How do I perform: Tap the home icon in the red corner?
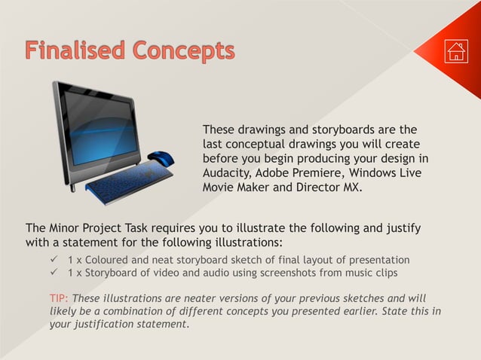456,51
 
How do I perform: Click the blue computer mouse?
161,159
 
